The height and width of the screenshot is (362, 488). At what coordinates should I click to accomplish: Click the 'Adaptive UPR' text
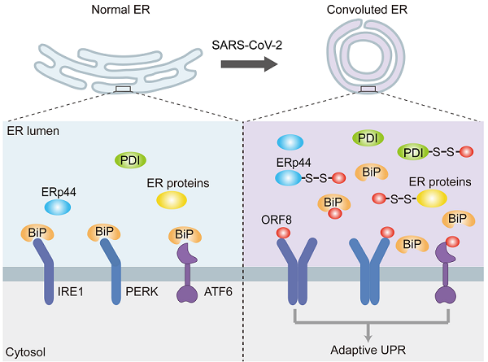[x=370, y=352]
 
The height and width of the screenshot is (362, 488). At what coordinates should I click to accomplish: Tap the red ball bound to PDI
[x=466, y=152]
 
